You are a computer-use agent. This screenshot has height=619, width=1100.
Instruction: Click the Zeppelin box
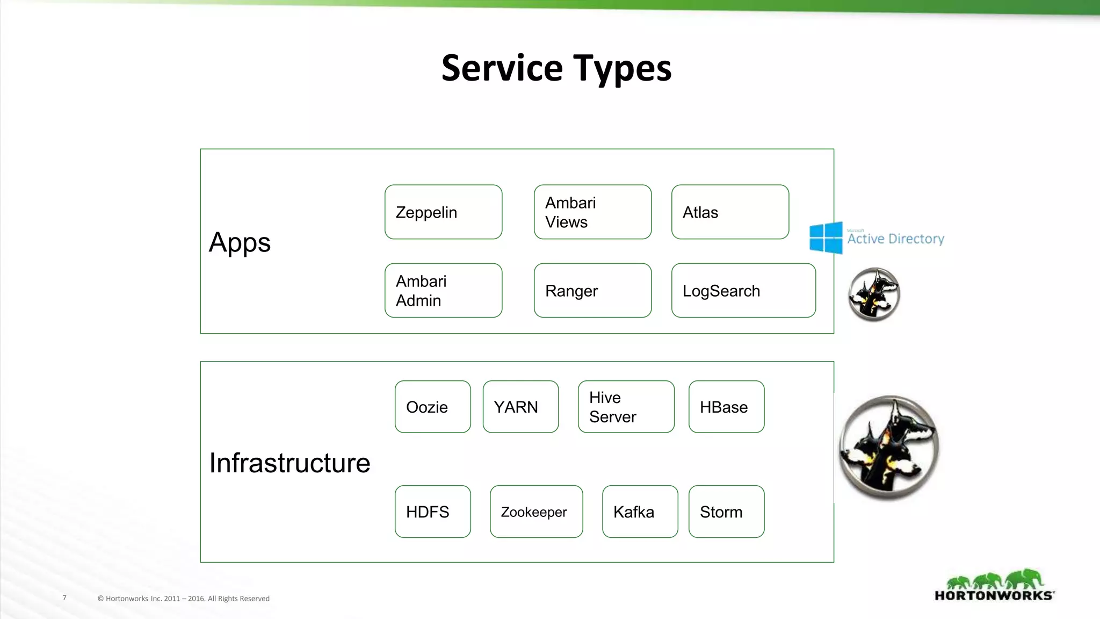coord(443,212)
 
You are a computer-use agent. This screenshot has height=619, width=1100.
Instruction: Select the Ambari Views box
coord(592,212)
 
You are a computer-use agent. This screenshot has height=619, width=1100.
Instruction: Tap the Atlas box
coord(730,212)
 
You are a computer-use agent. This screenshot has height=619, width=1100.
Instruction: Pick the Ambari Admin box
coord(443,291)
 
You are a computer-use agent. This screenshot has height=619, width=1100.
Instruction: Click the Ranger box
coord(592,291)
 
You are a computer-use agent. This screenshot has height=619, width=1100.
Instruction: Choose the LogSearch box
coord(743,291)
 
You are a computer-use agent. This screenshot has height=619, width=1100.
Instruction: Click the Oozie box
coord(432,407)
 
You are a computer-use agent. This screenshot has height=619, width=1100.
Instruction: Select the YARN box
coord(520,407)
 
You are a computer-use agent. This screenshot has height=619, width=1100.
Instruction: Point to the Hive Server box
coord(626,407)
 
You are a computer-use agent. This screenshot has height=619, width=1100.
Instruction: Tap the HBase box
coord(726,407)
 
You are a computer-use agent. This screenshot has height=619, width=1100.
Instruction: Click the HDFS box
coord(432,512)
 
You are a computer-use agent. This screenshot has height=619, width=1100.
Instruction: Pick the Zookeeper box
coord(536,512)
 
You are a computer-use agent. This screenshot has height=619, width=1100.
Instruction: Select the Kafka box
coord(640,512)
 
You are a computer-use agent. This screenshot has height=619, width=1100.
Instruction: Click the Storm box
coord(726,512)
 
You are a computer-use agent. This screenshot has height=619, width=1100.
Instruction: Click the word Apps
coord(240,242)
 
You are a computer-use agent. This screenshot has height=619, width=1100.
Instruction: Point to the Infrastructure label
coord(290,463)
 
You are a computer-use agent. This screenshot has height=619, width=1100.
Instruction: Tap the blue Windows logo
coord(826,237)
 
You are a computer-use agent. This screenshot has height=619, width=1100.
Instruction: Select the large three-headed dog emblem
coord(889,448)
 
